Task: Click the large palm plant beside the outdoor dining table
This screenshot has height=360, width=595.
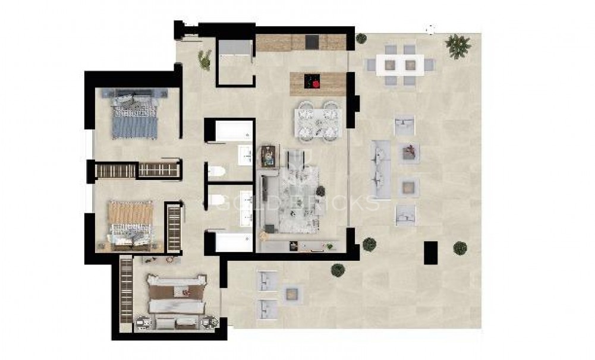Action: [x=458, y=45]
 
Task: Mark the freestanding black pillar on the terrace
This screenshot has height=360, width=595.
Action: [x=430, y=252]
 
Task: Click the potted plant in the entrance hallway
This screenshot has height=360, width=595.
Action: [x=206, y=60]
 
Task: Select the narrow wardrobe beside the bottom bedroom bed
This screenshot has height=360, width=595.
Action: [x=125, y=289]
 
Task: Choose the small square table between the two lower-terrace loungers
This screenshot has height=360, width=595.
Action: [x=292, y=292]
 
